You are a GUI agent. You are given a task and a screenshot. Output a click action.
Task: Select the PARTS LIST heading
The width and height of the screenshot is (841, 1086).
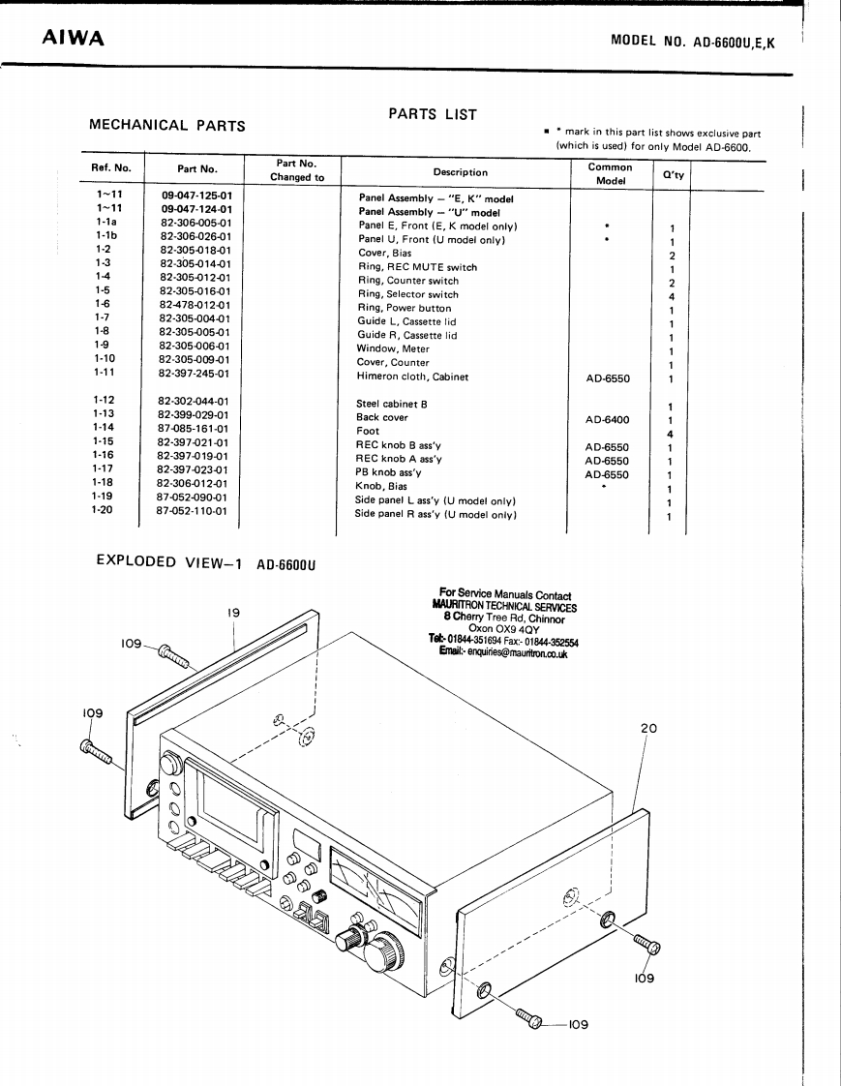click(432, 114)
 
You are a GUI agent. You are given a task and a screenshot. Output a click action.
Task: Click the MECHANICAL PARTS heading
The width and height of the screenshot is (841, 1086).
click(166, 125)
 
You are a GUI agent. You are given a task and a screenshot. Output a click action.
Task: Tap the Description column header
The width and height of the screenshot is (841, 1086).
click(460, 172)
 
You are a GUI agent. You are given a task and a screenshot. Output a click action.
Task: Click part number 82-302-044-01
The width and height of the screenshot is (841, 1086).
click(193, 401)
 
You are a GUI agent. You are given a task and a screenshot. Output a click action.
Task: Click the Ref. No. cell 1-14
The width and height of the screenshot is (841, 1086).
click(104, 427)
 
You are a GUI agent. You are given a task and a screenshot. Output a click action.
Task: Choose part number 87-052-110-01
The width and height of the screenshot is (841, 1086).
click(193, 510)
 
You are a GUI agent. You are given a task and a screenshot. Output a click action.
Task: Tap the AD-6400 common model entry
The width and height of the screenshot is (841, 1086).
click(607, 420)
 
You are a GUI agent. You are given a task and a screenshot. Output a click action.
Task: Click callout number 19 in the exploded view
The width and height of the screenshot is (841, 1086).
click(233, 613)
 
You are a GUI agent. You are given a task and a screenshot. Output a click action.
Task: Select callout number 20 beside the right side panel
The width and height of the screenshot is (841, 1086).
click(647, 728)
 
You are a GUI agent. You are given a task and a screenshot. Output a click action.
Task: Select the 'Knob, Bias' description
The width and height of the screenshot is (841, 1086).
click(382, 487)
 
